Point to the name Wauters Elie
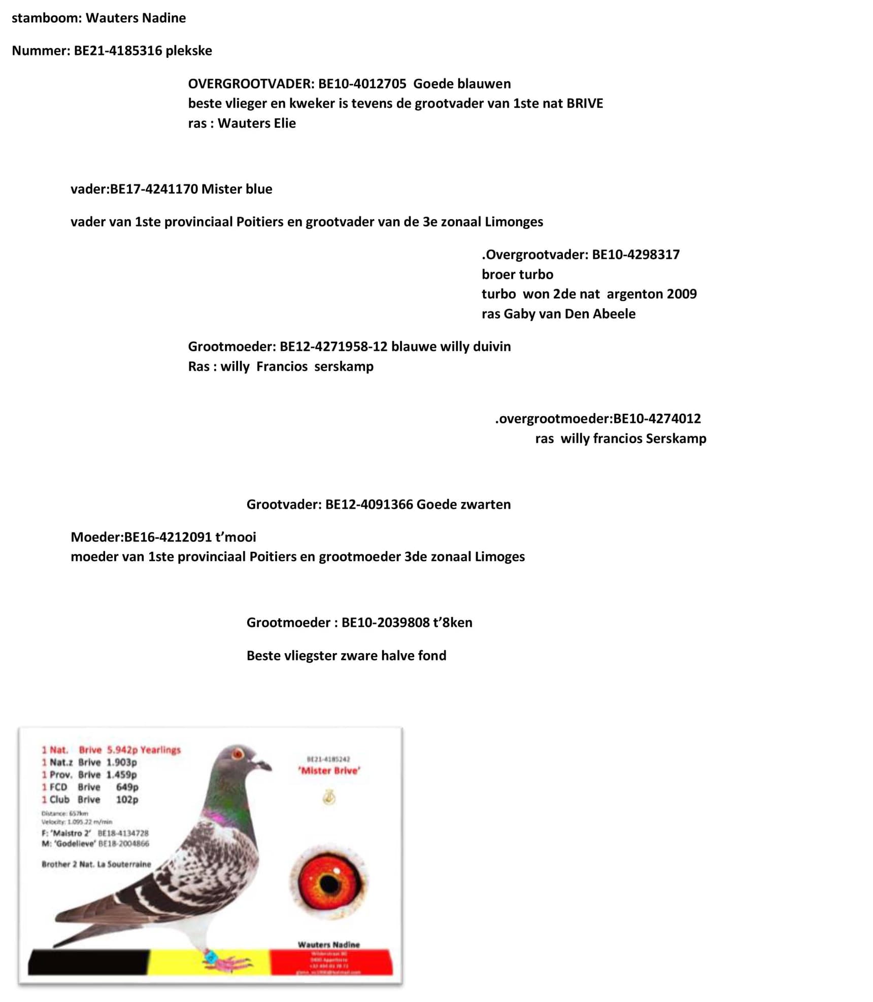coord(256,123)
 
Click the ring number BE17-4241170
coord(154,189)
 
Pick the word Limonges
coord(514,222)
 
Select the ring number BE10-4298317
coord(635,255)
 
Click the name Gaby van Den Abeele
coord(569,314)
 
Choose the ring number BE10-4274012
coord(657,419)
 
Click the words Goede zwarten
coord(463,505)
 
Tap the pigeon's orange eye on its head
coord(237,754)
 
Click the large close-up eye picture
coord(328,883)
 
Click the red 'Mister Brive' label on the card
coord(329,771)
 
